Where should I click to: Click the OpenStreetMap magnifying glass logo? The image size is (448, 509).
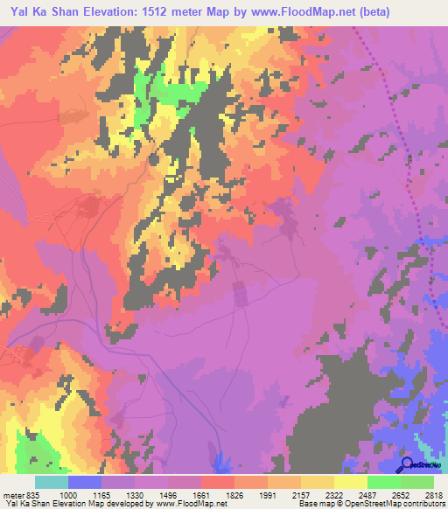click(408, 464)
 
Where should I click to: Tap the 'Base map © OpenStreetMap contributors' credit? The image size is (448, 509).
click(371, 503)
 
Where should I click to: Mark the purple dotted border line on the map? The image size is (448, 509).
click(397, 131)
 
